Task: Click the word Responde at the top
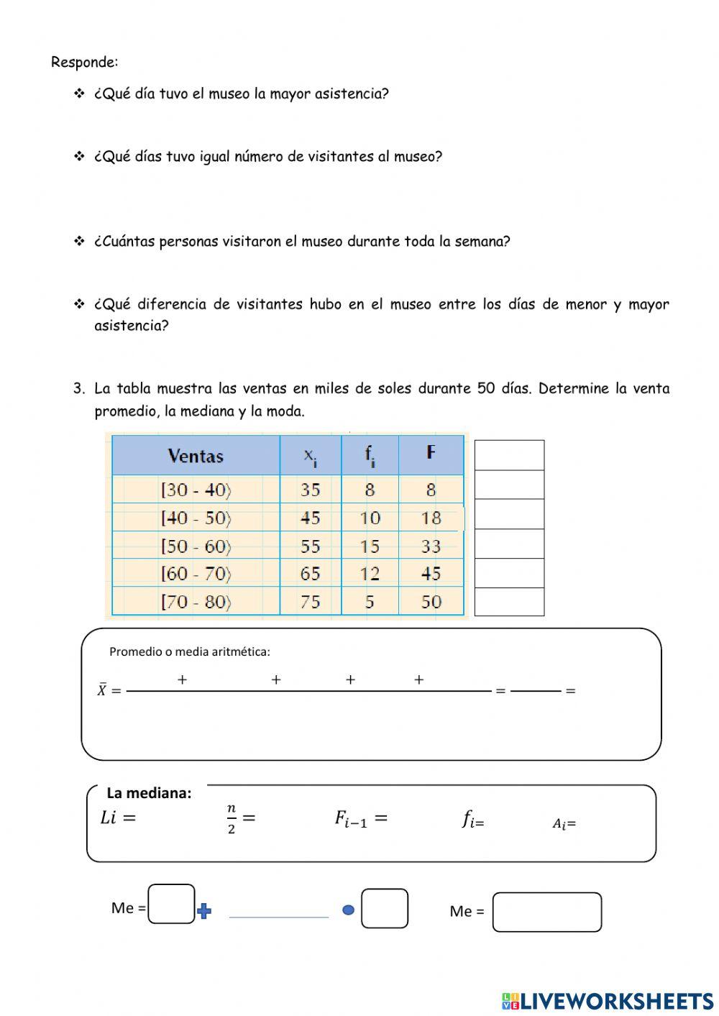click(84, 62)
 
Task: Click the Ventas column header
click(196, 456)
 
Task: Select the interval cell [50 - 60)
click(196, 546)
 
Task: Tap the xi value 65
click(311, 574)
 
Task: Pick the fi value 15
click(370, 546)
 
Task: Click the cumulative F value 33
click(431, 546)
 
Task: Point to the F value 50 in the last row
click(431, 602)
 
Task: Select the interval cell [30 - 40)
click(196, 490)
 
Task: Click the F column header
click(431, 452)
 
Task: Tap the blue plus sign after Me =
click(204, 912)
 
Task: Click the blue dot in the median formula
click(349, 910)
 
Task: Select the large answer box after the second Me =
click(546, 912)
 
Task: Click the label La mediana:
click(149, 793)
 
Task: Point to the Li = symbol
click(119, 818)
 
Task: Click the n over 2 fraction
click(232, 819)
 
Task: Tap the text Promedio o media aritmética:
click(190, 651)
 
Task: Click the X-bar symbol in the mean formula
click(102, 690)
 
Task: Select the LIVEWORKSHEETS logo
click(608, 1000)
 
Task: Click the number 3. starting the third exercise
click(79, 389)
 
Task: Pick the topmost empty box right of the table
click(509, 455)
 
